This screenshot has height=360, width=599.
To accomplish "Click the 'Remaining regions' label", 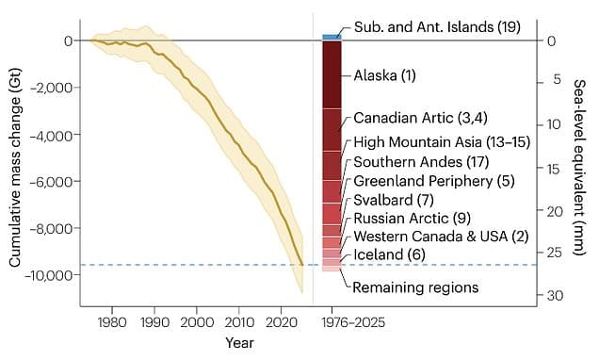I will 413,286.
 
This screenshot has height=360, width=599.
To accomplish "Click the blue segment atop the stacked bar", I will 332,37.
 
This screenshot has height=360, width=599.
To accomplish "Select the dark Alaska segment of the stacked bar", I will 332,74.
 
